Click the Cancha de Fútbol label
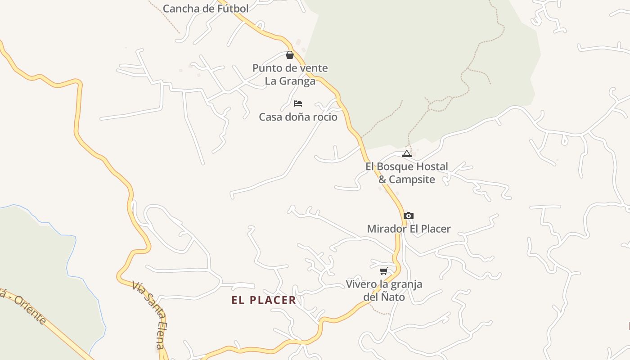[x=206, y=9]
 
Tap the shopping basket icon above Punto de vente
[x=290, y=55]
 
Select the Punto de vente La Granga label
[x=290, y=75]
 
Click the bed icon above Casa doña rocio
[x=297, y=103]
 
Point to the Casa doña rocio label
[x=298, y=117]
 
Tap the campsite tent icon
[x=407, y=153]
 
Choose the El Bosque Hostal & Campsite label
[x=407, y=173]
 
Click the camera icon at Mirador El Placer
[x=408, y=216]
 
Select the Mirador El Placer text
[x=409, y=229]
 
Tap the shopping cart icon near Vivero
[x=383, y=271]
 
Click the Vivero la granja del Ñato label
[x=384, y=291]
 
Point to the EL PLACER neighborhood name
[x=264, y=300]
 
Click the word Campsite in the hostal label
[x=412, y=180]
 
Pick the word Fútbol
[x=233, y=9]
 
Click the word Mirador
[x=387, y=229]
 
